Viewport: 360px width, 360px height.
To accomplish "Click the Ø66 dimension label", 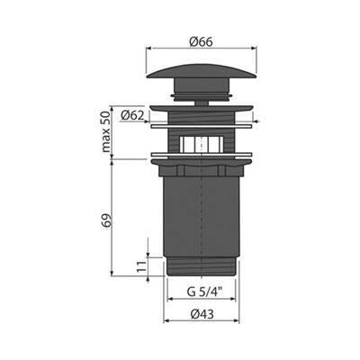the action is tap(201, 41).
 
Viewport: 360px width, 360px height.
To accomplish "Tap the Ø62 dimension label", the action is tap(133, 115).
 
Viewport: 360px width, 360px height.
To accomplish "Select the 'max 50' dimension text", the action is tap(106, 131).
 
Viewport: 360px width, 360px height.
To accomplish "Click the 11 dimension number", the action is tap(141, 266).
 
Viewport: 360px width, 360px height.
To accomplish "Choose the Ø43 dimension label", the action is tap(202, 314).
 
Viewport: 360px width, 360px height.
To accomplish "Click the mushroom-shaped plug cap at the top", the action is tap(202, 71).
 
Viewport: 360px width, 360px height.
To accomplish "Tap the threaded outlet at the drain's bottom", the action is tap(201, 266).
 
